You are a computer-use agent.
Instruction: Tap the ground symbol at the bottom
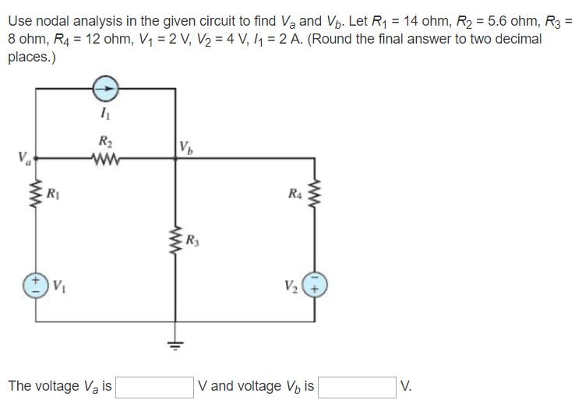[x=174, y=343]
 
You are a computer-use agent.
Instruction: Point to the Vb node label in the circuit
[x=185, y=146]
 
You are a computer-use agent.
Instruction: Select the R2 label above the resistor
[x=104, y=141]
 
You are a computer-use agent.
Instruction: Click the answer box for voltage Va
[x=154, y=387]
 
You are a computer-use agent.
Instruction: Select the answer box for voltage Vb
[x=356, y=387]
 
